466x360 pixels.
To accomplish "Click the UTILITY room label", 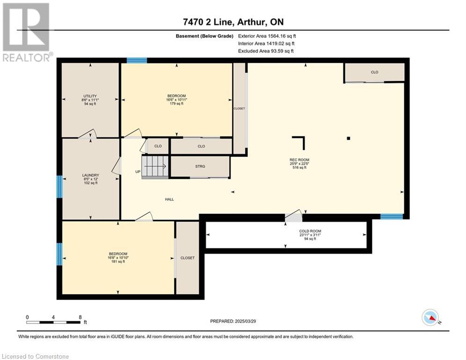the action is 90,96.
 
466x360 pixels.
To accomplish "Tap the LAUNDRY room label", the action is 91,175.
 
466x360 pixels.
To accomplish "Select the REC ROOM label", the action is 299,160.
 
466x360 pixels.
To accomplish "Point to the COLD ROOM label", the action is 310,231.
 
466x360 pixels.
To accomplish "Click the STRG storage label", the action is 200,166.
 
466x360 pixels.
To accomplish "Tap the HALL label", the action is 170,199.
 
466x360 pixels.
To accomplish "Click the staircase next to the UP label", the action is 155,167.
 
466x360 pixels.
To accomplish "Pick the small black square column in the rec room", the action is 348,138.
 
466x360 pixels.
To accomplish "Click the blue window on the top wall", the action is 137,60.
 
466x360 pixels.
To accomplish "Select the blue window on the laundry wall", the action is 59,187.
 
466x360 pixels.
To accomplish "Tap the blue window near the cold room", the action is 392,216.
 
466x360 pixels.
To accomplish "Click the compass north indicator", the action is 430,318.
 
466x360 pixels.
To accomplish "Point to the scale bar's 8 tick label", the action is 80,317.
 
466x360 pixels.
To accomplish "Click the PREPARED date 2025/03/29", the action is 245,321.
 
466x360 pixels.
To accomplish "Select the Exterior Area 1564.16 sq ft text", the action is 267,36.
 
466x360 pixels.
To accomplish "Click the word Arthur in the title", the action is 250,22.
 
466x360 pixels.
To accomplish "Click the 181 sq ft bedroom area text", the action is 118,262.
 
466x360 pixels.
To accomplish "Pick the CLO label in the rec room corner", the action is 375,72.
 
